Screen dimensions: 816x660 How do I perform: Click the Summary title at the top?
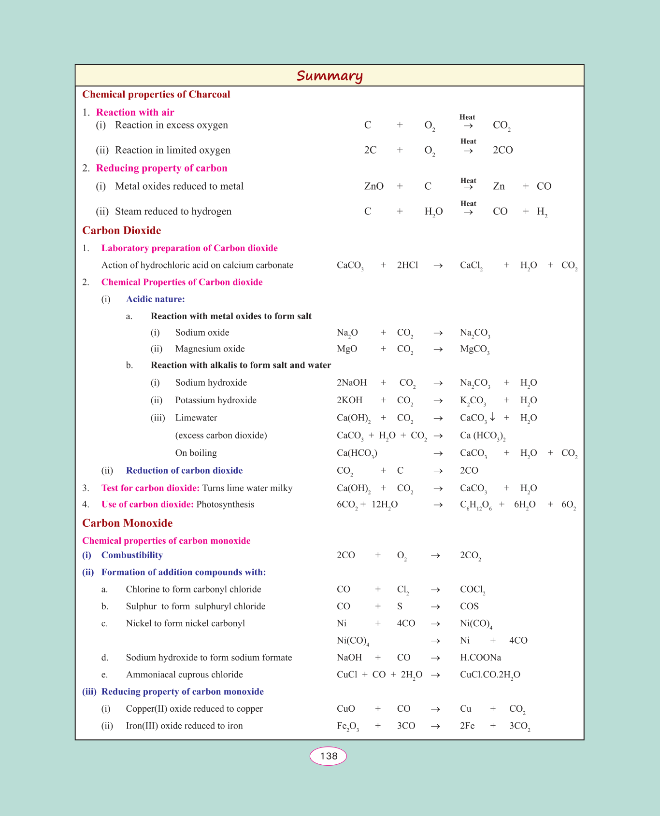coord(330,76)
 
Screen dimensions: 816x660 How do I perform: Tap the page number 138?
coord(329,756)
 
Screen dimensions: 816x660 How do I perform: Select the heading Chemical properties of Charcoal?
coord(156,94)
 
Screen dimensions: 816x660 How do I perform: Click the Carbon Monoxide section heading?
coord(128,523)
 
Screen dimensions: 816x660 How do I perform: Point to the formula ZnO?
coord(374,186)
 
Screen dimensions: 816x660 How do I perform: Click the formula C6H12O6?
coord(476,505)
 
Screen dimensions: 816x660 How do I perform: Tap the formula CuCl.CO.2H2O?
coord(490,675)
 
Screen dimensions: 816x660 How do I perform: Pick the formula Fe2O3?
coord(348,726)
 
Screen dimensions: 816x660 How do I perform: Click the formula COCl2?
coord(473,590)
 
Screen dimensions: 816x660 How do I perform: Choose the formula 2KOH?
coord(349,400)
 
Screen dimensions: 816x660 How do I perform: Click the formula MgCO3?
coord(475,349)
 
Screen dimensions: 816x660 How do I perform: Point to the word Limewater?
coord(196,418)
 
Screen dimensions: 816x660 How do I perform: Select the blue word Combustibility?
coord(132,555)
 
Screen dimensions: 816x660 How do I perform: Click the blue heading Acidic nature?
coord(156,299)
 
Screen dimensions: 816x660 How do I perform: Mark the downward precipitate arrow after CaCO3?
coord(492,417)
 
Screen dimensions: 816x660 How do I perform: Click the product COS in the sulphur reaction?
coord(469,606)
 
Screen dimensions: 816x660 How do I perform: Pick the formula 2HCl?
coord(407,265)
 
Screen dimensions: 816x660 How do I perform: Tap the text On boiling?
coord(196,453)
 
